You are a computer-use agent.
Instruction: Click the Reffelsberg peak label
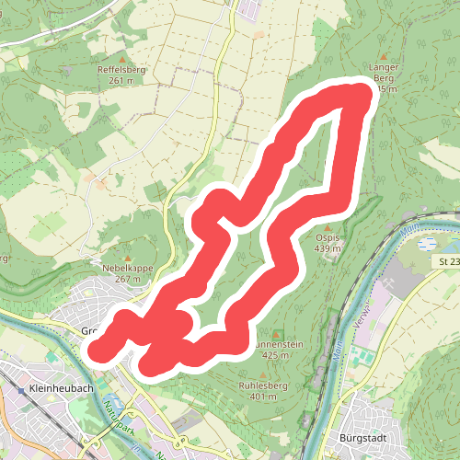(121, 69)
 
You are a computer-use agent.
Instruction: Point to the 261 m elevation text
(121, 80)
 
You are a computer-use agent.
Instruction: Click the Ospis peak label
(328, 237)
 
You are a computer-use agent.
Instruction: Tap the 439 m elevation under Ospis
(328, 248)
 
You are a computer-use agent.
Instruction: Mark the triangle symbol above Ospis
(328, 226)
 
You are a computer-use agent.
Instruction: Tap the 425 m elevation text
(277, 355)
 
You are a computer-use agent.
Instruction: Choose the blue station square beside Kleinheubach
(21, 390)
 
